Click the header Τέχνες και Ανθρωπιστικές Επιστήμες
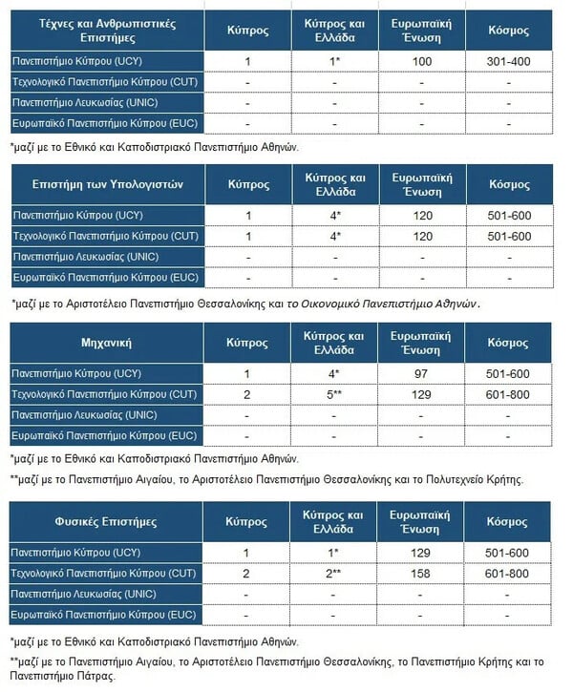[106, 31]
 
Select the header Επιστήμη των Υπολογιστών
[106, 183]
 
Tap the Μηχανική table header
[106, 342]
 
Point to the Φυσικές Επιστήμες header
[106, 522]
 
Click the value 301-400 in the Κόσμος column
[509, 61]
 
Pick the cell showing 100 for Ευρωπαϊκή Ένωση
[422, 61]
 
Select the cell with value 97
[422, 373]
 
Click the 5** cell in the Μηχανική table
[334, 394]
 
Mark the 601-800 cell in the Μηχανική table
[509, 394]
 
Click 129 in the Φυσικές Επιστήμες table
[422, 553]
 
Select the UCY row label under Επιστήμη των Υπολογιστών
[75, 215]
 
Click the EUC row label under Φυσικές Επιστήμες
[103, 615]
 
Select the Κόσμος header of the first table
[509, 31]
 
